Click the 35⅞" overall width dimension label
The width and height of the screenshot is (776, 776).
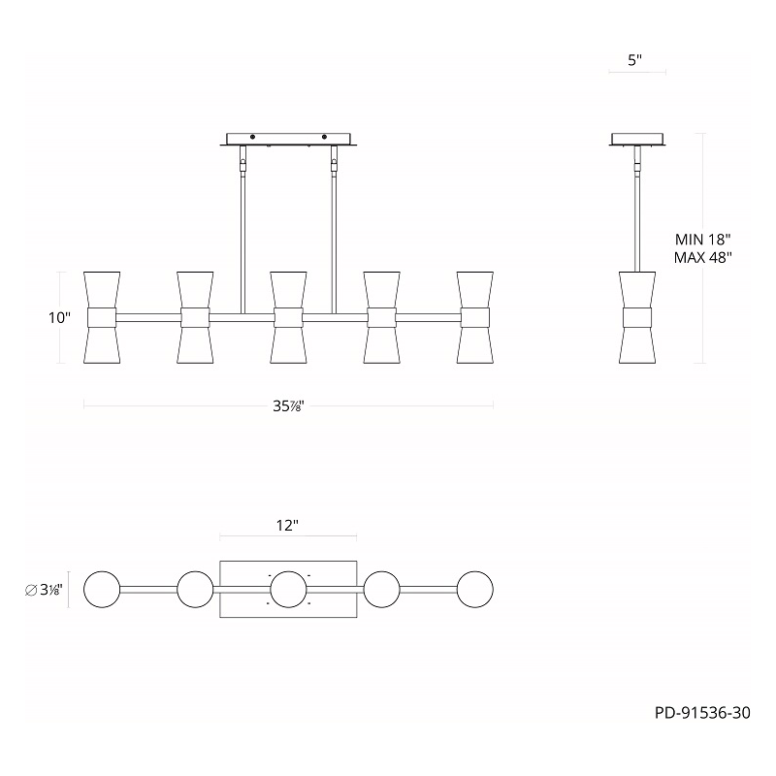point(288,406)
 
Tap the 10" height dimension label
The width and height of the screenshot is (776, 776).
point(59,318)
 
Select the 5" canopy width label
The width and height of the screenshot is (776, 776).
point(635,60)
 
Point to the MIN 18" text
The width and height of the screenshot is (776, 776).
point(702,240)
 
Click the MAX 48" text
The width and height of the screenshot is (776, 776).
point(702,257)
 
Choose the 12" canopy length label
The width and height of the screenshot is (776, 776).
point(287,525)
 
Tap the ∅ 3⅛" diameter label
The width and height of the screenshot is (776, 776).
point(44,590)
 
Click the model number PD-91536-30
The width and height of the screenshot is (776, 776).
point(702,713)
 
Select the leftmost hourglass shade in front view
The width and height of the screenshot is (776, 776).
point(102,317)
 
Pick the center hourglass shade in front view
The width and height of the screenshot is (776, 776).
point(288,317)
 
